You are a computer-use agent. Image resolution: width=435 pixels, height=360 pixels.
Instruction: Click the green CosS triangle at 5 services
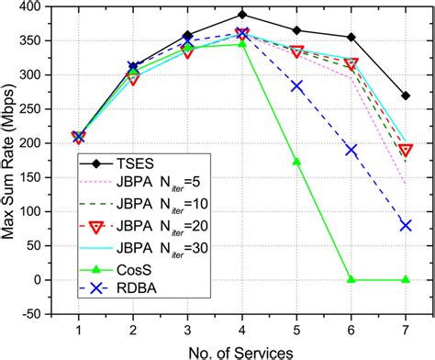coord(296,162)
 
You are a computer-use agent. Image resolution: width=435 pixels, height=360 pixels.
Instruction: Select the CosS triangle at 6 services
coord(351,279)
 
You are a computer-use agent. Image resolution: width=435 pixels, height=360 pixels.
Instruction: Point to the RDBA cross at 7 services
coord(406,225)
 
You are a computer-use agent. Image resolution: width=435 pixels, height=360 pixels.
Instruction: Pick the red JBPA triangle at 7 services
coord(406,150)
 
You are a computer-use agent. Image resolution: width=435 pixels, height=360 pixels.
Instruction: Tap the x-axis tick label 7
coord(406,329)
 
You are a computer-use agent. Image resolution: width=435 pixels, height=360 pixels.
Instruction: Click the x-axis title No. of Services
coord(241,350)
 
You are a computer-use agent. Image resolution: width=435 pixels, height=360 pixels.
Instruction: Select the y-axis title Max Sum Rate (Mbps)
coord(11,161)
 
